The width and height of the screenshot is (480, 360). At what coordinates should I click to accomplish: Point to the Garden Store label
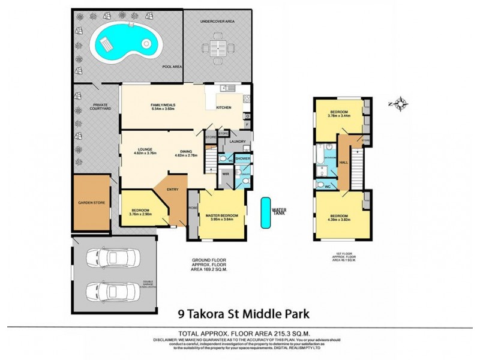click(92, 203)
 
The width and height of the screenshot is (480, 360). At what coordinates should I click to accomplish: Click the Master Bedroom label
click(223, 215)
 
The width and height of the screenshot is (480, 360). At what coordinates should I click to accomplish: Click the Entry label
click(173, 190)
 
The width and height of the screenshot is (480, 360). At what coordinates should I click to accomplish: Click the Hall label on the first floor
click(344, 162)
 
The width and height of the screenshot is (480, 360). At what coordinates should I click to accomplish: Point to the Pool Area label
click(172, 67)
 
